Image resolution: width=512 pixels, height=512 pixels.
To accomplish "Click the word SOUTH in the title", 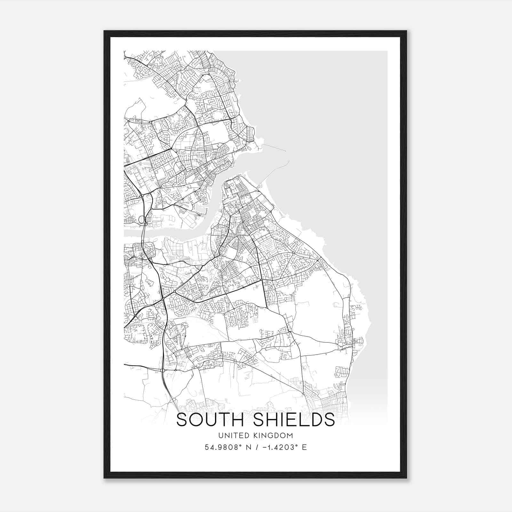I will pos(212,420).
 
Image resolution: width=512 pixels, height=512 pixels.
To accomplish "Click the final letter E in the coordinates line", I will pos(305,447).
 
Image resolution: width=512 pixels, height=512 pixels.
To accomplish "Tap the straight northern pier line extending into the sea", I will pos(275,148).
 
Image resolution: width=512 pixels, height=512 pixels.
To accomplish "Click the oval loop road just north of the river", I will pos(141,220).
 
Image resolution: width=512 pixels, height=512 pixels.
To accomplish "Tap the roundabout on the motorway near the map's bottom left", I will pos(163,370).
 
